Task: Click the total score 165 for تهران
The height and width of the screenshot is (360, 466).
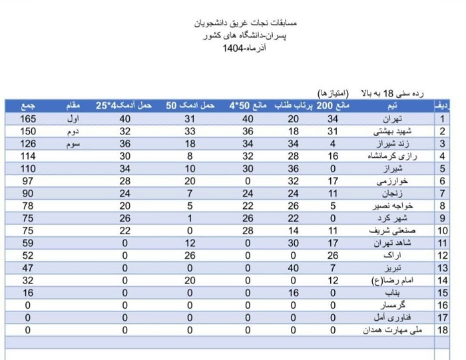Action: (28, 119)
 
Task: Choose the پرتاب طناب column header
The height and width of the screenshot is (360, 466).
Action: (292, 106)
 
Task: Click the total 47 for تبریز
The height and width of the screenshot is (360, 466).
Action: (28, 268)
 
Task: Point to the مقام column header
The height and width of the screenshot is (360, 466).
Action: (74, 106)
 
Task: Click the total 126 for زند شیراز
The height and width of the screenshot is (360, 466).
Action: (28, 143)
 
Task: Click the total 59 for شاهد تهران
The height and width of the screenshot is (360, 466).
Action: (28, 243)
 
